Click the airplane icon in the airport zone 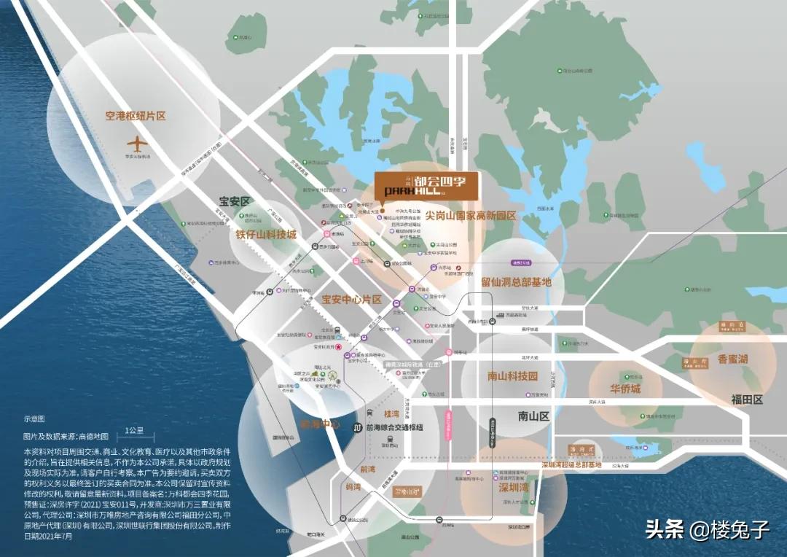(136, 144)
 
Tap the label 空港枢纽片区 (136, 116)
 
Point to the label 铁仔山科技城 (266, 235)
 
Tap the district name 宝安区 (235, 200)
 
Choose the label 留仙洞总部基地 (516, 282)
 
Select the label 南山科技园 (512, 377)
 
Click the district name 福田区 (747, 400)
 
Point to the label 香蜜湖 (732, 359)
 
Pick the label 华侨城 (624, 389)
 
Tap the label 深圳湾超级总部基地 (571, 464)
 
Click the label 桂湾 (391, 413)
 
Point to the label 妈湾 (355, 486)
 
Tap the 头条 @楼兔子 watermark (707, 530)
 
